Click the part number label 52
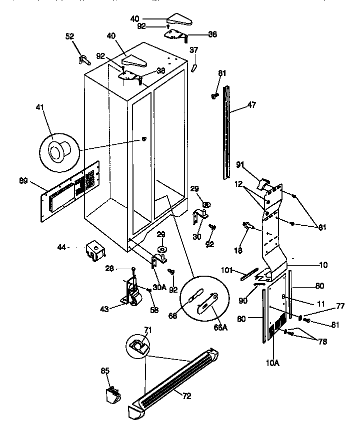[69, 36]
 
